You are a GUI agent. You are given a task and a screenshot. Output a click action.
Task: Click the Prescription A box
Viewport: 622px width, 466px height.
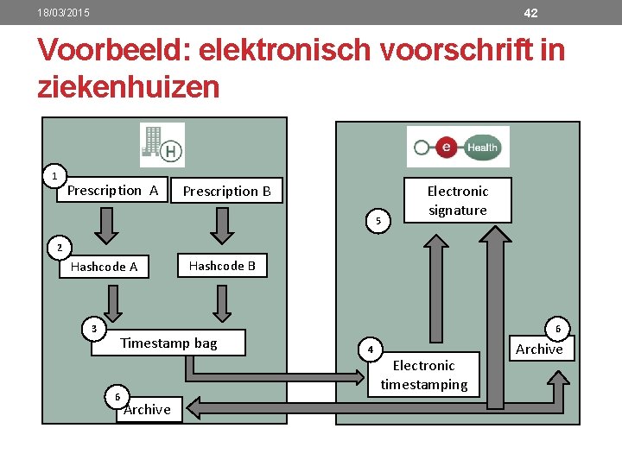click(113, 191)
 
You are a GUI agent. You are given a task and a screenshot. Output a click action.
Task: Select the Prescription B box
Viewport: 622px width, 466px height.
click(226, 192)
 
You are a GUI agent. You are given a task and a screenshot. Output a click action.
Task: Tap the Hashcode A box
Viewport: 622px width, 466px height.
click(104, 267)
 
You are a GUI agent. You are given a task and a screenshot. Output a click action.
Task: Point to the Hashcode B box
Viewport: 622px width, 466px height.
click(222, 266)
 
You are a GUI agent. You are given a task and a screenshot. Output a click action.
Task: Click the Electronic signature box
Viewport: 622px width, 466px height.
click(458, 200)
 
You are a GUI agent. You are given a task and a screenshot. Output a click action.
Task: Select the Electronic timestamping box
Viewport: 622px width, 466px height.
click(423, 375)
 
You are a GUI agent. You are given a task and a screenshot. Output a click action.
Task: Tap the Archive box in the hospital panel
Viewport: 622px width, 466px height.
click(148, 409)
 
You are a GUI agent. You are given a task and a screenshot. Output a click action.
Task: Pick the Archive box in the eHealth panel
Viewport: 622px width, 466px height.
click(539, 349)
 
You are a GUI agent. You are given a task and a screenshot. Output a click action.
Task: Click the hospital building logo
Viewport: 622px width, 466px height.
click(162, 144)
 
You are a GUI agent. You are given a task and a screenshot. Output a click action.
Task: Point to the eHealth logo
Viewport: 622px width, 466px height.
click(458, 147)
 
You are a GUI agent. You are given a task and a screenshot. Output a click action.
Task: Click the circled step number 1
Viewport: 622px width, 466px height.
click(54, 176)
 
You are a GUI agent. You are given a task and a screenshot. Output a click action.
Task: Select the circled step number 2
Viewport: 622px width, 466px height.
click(59, 249)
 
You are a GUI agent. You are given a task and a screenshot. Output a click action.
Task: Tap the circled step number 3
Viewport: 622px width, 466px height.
click(94, 328)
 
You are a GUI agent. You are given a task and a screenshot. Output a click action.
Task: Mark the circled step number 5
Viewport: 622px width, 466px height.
click(378, 222)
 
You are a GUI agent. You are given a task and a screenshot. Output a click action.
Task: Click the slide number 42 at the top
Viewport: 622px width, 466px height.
click(530, 13)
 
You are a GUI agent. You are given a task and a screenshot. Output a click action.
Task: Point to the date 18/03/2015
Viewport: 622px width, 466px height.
click(63, 13)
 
